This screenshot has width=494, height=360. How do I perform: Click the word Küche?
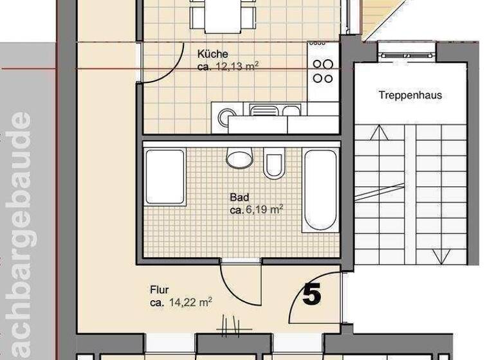[x=213, y=55]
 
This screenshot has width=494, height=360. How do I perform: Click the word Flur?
[x=159, y=290]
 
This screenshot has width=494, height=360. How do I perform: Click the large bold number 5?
[x=312, y=294]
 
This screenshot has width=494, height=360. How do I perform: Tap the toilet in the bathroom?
[x=273, y=165]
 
